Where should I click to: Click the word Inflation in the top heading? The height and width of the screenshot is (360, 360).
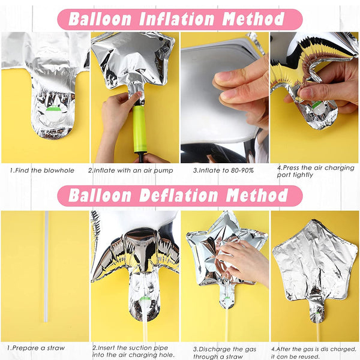[177, 19]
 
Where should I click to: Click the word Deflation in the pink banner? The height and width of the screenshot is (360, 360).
[178, 196]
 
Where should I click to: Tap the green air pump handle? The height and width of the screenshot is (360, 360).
[139, 128]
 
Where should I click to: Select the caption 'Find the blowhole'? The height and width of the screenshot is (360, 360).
[42, 170]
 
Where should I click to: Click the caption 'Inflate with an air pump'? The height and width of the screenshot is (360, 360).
[130, 170]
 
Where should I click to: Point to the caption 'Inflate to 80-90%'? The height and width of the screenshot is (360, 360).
[223, 170]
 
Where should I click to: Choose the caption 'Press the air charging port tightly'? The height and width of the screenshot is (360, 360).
[316, 171]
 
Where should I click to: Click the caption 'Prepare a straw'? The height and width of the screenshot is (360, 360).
[35, 348]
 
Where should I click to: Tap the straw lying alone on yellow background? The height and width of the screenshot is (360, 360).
[46, 266]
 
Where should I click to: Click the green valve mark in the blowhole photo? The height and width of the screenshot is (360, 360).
[53, 109]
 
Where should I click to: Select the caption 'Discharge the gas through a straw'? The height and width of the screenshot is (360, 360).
[224, 353]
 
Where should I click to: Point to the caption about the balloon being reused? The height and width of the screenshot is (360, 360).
[314, 353]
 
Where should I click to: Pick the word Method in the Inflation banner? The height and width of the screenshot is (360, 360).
[253, 19]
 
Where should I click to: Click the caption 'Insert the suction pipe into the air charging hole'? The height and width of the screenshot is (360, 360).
[133, 351]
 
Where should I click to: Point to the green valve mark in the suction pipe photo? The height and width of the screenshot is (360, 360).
[145, 298]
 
